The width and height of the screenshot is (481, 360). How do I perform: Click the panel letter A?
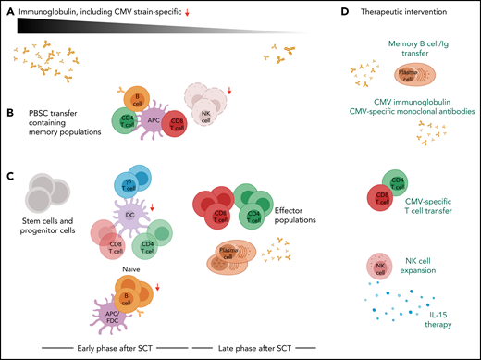point(11,12)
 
